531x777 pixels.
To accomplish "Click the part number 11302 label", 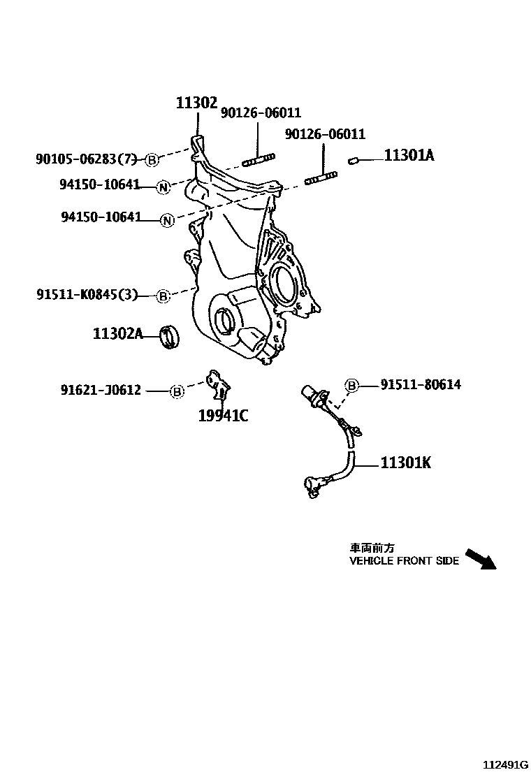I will [196, 103].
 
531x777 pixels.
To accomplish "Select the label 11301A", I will [409, 156].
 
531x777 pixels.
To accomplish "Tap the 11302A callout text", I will [117, 334].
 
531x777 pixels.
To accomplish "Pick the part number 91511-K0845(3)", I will [87, 296].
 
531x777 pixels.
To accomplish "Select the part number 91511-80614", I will [421, 384].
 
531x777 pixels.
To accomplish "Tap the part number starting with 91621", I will [100, 391].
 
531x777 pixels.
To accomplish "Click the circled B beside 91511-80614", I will [352, 385].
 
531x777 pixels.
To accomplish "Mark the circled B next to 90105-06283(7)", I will [152, 161].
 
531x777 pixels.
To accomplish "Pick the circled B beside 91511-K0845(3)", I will [162, 296].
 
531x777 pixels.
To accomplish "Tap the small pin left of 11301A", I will [354, 161].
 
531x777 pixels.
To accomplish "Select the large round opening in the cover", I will [285, 284].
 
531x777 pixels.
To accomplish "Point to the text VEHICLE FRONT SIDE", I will [404, 560].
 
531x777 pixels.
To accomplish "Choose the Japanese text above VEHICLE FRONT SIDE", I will [367, 549].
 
